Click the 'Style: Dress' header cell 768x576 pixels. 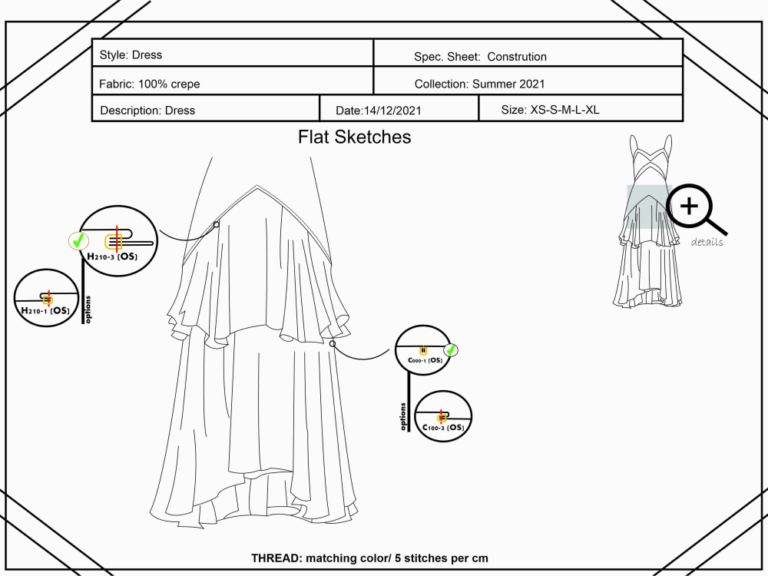[x=131, y=55]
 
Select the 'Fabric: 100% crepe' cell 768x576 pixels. [x=150, y=84]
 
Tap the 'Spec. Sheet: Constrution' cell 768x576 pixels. [x=480, y=57]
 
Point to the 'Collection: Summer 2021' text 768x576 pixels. [x=479, y=84]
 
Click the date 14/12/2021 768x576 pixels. [x=379, y=111]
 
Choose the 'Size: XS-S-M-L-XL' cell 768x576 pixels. [x=550, y=110]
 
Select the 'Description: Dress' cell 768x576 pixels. [x=147, y=111]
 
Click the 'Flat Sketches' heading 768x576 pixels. [x=354, y=137]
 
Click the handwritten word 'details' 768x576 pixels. [x=707, y=243]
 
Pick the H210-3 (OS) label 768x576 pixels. [x=118, y=256]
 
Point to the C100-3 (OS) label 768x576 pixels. [x=443, y=427]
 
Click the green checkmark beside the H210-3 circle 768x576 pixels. [x=78, y=242]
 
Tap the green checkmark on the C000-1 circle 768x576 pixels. [x=451, y=350]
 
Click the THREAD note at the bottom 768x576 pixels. [x=369, y=558]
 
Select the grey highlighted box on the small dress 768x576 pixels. [x=648, y=207]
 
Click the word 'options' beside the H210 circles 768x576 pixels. [x=88, y=309]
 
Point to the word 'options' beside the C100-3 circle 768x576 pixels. [x=403, y=416]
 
